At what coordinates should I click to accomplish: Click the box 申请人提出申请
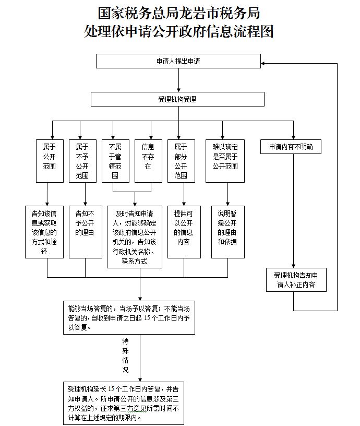click(x=178, y=61)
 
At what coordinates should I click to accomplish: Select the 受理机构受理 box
click(x=178, y=99)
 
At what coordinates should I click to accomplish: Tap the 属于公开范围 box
click(x=50, y=161)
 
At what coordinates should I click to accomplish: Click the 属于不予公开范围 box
click(x=82, y=161)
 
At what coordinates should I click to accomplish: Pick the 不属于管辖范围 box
click(x=115, y=161)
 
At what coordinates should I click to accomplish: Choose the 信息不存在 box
click(x=148, y=161)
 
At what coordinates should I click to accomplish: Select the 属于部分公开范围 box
click(x=181, y=161)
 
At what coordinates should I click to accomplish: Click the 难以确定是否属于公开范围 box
click(x=225, y=161)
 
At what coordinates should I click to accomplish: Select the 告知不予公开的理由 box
click(x=85, y=232)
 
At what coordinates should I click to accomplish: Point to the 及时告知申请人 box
click(x=135, y=236)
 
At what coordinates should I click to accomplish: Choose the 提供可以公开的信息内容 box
click(x=184, y=232)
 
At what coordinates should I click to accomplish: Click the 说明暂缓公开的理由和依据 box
click(x=227, y=232)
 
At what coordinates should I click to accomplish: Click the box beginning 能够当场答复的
click(x=128, y=317)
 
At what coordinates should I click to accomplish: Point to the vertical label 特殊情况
click(x=125, y=355)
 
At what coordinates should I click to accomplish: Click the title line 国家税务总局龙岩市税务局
click(x=179, y=13)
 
